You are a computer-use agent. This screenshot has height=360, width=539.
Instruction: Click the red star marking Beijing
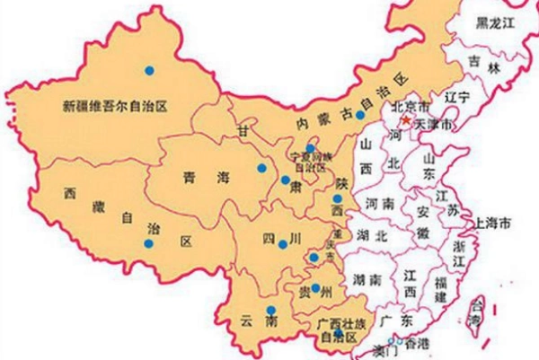[406, 119]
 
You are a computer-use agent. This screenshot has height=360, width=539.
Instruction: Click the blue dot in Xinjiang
[150, 69]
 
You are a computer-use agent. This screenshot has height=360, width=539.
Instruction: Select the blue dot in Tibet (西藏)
[149, 243]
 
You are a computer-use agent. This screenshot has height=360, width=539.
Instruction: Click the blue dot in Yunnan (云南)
[270, 311]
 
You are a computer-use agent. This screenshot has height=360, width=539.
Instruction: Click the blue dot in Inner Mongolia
[358, 114]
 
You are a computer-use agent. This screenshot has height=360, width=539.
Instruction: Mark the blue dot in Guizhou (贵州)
[315, 288]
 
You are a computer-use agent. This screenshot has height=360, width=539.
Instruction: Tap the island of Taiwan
[477, 311]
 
